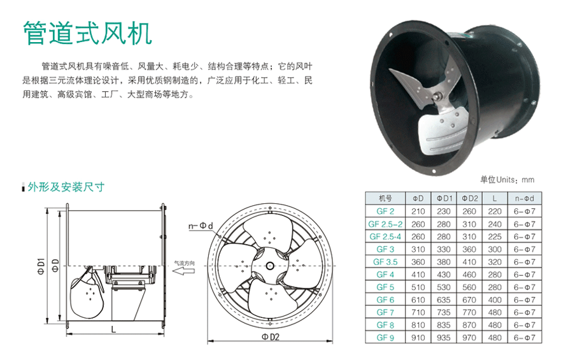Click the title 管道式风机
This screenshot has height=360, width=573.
[x=87, y=33]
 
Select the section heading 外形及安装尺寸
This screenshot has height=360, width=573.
[x=66, y=187]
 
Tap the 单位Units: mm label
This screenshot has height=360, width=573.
[x=507, y=180]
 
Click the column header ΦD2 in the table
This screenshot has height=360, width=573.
[x=470, y=198]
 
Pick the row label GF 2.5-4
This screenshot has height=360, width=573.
[x=385, y=236]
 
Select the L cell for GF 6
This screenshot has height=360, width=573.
[x=495, y=300]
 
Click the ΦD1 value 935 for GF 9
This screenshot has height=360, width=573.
[x=444, y=338]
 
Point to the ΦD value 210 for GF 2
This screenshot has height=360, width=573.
[x=418, y=212]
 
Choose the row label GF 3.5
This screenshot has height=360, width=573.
[x=385, y=262]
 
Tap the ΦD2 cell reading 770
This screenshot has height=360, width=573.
[x=469, y=312]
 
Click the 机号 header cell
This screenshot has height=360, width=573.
[x=385, y=198]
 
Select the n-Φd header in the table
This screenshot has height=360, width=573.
[x=525, y=198]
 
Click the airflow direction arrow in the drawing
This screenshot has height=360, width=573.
[x=183, y=271]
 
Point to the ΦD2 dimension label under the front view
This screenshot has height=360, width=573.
[x=271, y=337]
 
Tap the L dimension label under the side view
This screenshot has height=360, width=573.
[x=113, y=329]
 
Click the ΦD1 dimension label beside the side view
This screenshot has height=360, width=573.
[x=41, y=266]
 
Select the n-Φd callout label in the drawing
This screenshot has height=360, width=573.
[x=201, y=226]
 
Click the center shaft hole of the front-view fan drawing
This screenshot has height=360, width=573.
[x=270, y=266]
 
